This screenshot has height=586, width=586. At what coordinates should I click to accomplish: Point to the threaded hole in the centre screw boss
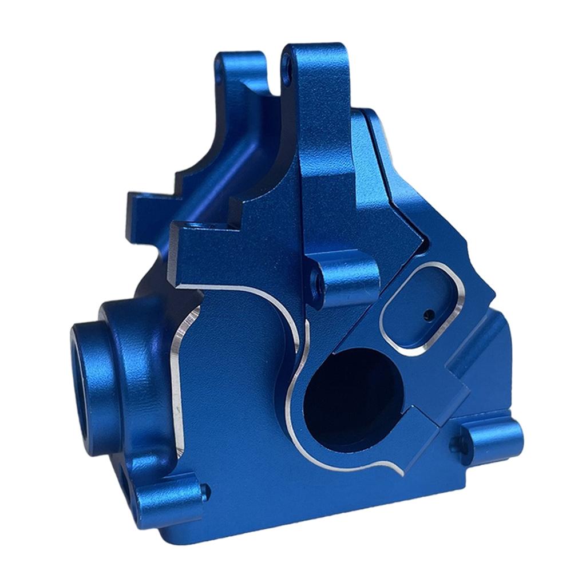point(314,281)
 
